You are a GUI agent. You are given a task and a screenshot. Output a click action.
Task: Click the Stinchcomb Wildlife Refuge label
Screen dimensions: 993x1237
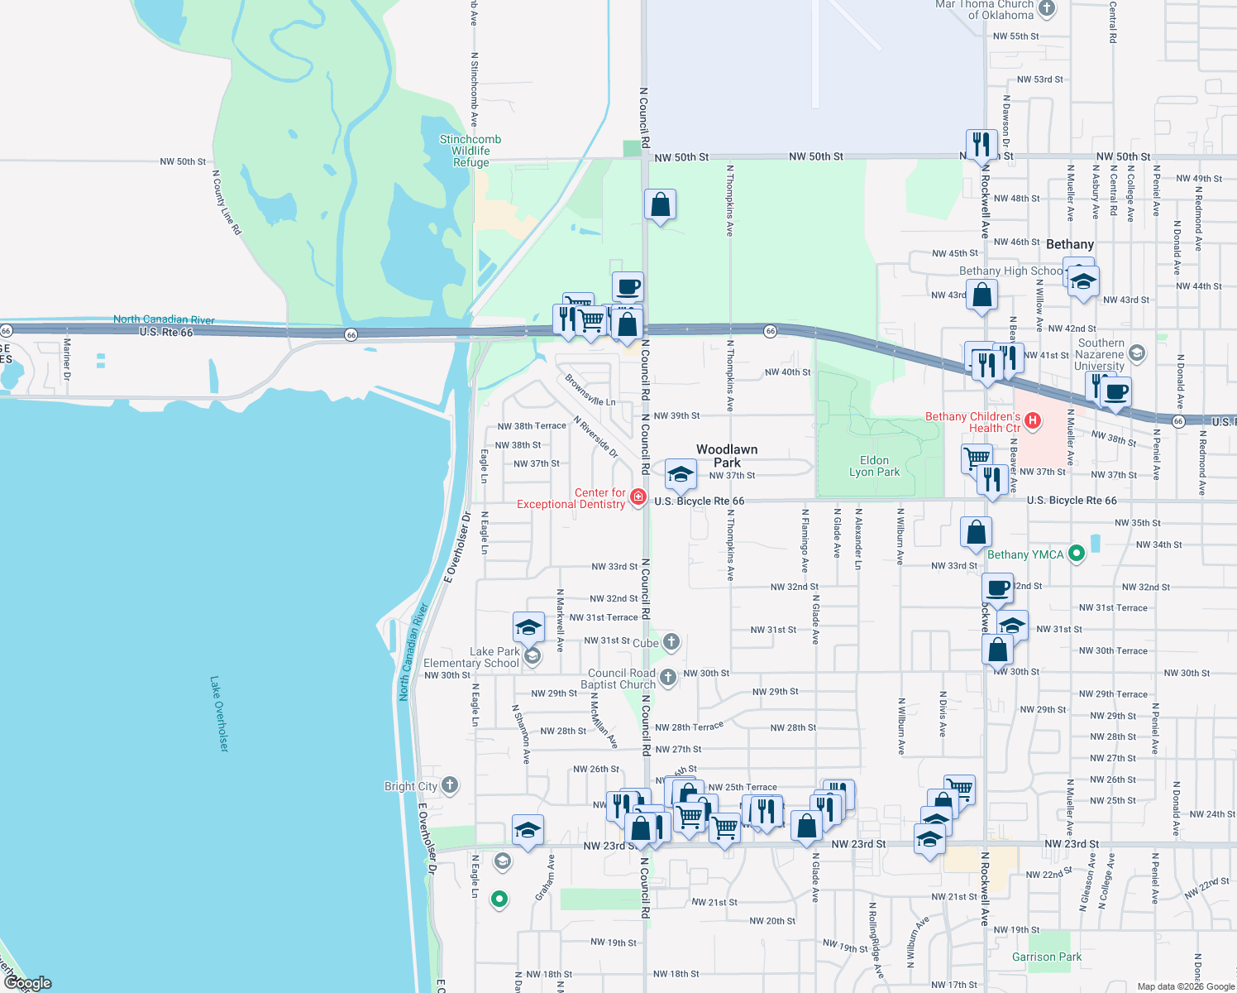(x=470, y=151)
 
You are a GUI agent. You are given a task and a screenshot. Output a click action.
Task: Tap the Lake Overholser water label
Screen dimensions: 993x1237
(x=218, y=713)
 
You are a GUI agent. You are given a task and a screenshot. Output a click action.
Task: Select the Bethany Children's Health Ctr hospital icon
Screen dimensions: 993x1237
(x=1032, y=421)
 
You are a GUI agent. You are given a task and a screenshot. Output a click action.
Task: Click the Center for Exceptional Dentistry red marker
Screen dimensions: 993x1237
(x=638, y=496)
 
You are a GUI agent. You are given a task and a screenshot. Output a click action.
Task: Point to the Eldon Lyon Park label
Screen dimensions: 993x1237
(x=874, y=466)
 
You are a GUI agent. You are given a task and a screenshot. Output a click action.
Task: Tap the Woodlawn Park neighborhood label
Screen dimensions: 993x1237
(x=727, y=456)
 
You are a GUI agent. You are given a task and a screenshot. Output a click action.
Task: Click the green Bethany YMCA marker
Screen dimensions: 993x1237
(x=1076, y=554)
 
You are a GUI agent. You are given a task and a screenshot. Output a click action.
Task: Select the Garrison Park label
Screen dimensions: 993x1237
(x=1046, y=957)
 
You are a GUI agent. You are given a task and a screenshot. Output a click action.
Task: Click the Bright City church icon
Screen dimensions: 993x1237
(x=450, y=785)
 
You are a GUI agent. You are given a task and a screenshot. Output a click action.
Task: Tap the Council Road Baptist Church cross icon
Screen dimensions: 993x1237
(x=668, y=678)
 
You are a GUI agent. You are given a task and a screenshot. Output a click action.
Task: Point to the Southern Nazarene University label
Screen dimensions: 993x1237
(x=1100, y=354)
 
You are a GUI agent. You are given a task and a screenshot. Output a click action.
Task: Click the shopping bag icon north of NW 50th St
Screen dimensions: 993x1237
(x=660, y=205)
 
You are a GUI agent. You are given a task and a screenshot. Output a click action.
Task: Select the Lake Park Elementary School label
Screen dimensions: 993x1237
(x=471, y=657)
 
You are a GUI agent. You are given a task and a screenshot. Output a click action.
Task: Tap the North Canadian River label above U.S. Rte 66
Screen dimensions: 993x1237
(x=164, y=319)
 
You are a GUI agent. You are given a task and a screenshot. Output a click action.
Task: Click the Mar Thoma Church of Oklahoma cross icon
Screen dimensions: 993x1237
(x=1047, y=8)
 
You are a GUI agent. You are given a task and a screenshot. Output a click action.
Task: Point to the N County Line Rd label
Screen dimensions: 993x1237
(x=227, y=203)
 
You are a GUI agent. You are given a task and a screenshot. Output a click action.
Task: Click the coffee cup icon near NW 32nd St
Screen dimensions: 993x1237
(x=998, y=588)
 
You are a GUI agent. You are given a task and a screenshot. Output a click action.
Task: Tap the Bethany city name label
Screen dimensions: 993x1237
(x=1069, y=244)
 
